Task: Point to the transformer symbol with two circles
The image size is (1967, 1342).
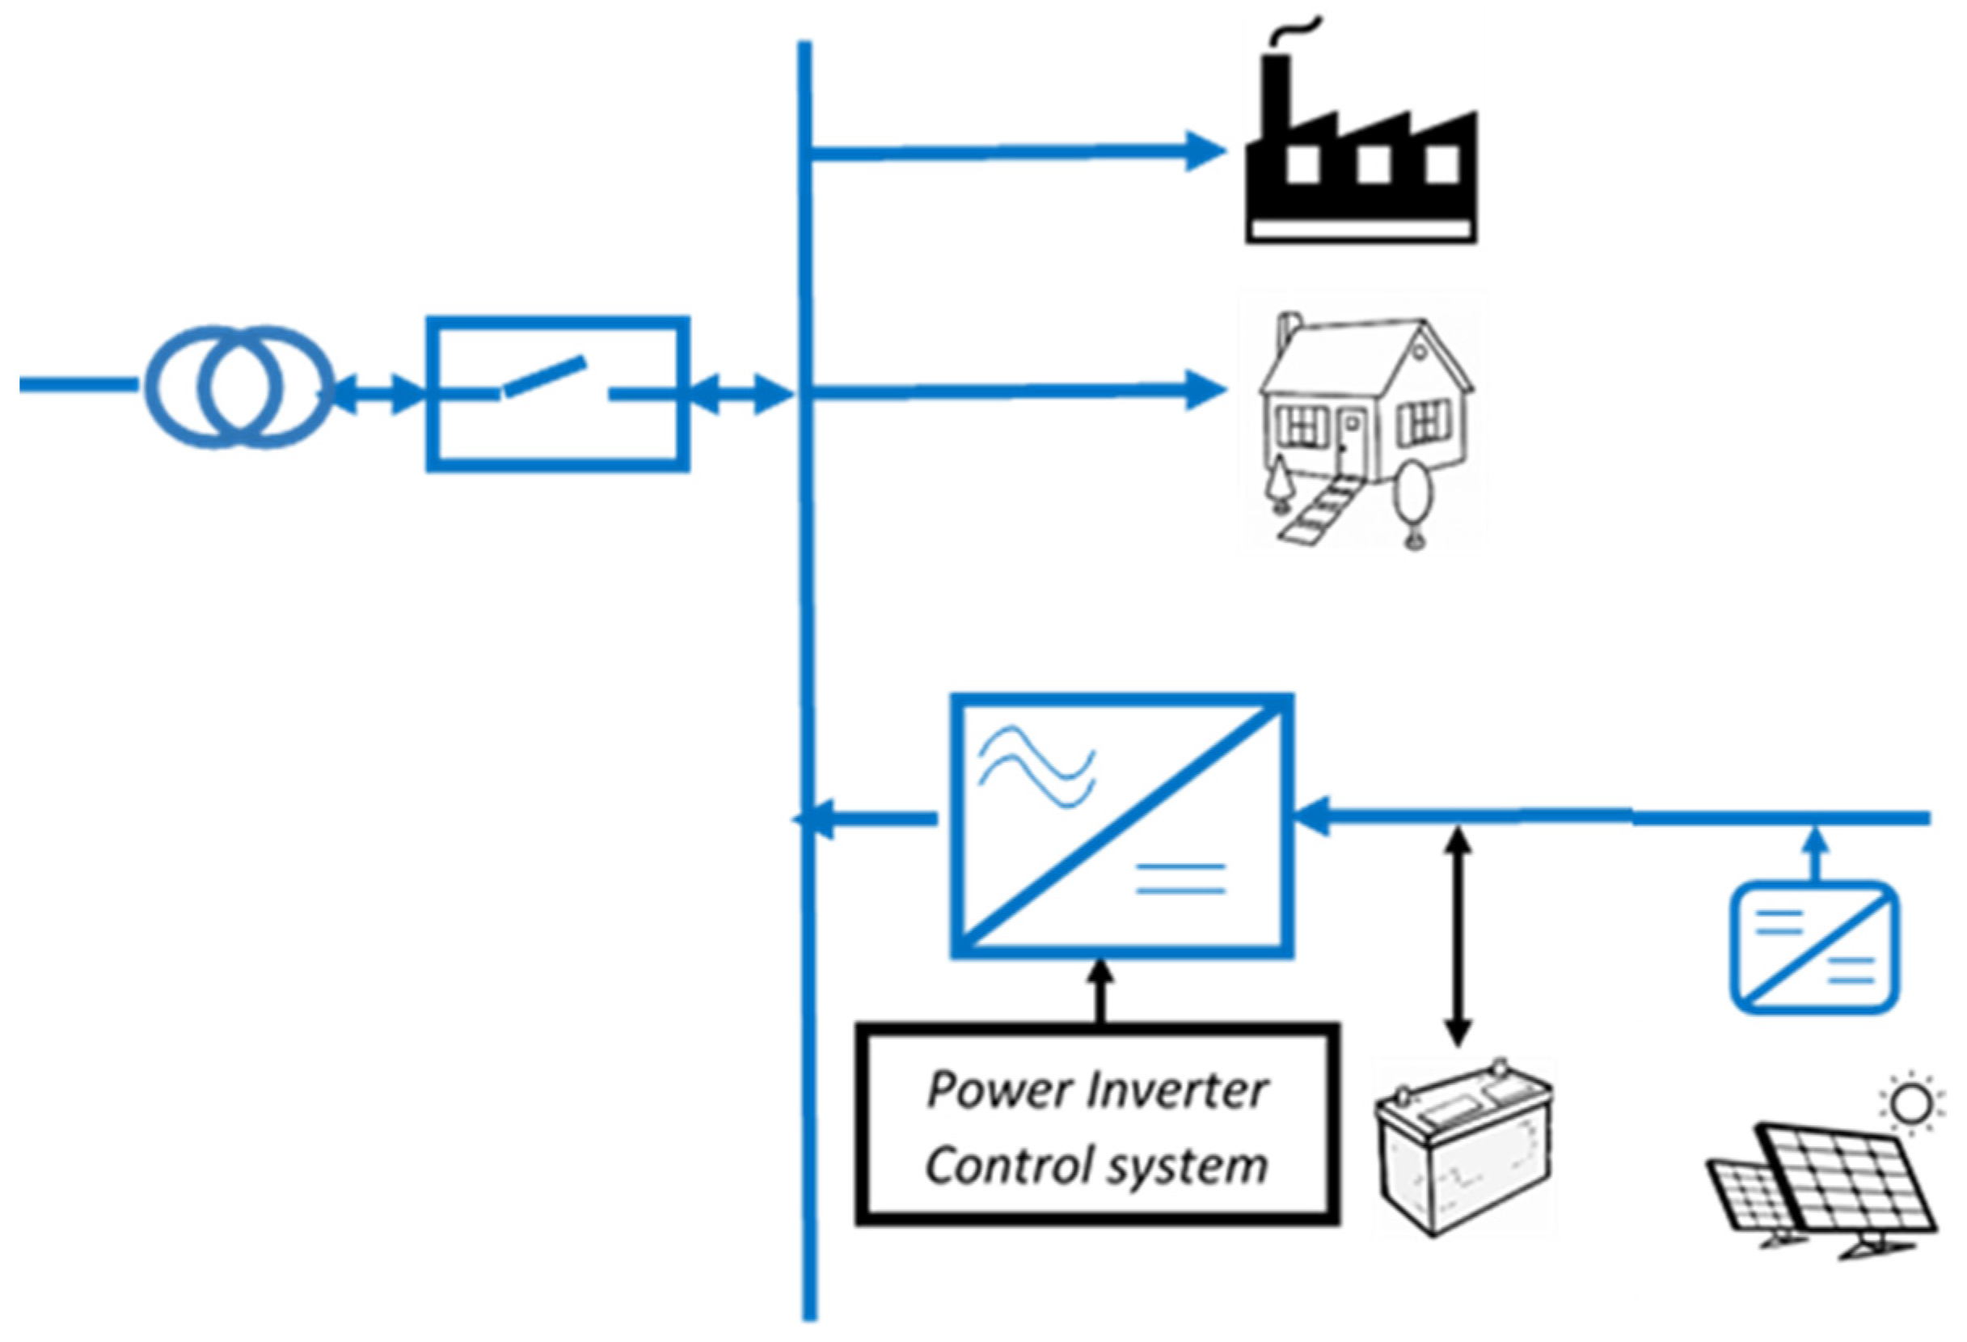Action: click(x=239, y=387)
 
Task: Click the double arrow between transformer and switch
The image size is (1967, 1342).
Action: click(x=376, y=395)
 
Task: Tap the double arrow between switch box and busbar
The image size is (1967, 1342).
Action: click(x=739, y=395)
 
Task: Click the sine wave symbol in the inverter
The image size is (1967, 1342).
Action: click(x=1036, y=767)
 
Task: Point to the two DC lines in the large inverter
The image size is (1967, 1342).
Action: click(x=1180, y=878)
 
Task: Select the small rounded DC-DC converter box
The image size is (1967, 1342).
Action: click(x=1813, y=946)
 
